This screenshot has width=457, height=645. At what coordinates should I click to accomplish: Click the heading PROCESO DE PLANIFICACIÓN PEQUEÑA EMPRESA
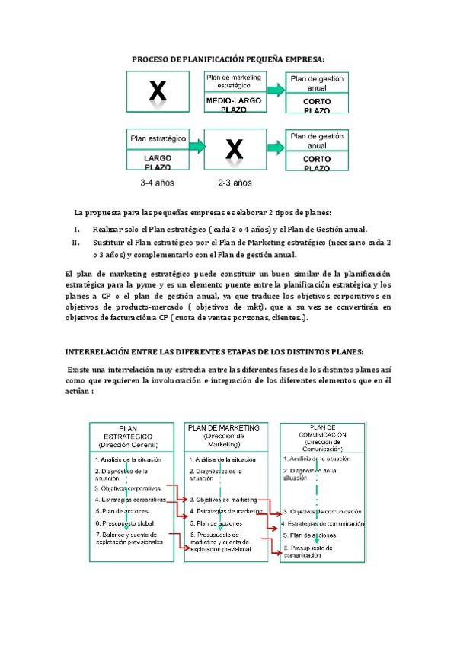tap(228, 59)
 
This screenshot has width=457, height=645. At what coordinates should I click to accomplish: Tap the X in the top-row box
tap(157, 92)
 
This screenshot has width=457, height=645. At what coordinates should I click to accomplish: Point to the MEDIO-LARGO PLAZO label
tap(234, 105)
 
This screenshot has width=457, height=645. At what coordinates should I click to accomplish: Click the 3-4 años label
tap(158, 183)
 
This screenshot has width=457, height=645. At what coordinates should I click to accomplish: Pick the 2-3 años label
tap(235, 183)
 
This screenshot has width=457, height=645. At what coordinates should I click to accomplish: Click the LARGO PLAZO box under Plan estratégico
tap(158, 162)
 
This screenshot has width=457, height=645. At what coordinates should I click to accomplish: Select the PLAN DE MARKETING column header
tap(223, 434)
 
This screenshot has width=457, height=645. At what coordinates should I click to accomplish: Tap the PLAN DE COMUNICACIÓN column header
tap(316, 435)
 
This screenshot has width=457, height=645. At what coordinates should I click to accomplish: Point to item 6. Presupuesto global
tap(125, 524)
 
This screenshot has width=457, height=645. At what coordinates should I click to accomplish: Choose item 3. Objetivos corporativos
tap(129, 488)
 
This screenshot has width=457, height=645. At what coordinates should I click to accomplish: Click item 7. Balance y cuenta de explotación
tap(129, 539)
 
